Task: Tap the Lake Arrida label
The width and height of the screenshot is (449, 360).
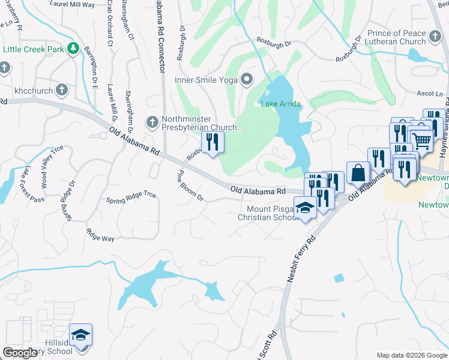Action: click(x=280, y=104)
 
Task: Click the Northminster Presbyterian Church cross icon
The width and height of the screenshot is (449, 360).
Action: click(x=152, y=122)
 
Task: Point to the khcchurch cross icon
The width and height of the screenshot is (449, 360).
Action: click(x=61, y=90)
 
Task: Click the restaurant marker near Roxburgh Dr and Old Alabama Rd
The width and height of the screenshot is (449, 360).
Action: click(x=211, y=142)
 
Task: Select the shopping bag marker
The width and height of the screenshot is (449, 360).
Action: click(x=358, y=173)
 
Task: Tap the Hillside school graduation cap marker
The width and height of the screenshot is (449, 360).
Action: click(x=80, y=335)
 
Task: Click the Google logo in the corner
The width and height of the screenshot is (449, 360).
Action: click(x=20, y=353)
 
